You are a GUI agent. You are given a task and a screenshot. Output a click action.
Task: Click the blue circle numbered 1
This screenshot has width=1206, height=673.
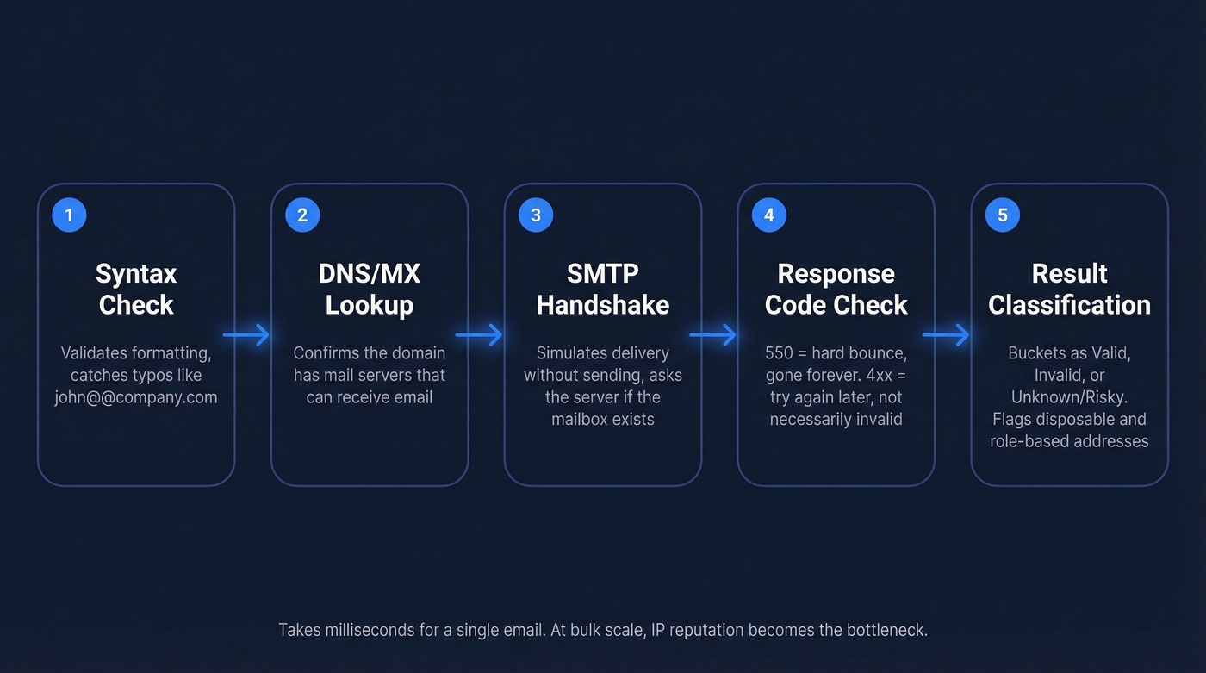(x=69, y=215)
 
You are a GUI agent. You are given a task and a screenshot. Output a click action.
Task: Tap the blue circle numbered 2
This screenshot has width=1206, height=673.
(x=302, y=215)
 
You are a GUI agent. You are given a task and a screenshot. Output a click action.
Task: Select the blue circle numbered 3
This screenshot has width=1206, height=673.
(x=536, y=215)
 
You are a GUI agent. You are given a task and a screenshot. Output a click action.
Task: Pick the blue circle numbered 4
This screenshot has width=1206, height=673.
(x=769, y=215)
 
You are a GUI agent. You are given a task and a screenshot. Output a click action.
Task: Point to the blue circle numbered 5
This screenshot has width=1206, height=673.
(x=1003, y=215)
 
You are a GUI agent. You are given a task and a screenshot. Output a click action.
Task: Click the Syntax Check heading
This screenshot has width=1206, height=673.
(x=136, y=290)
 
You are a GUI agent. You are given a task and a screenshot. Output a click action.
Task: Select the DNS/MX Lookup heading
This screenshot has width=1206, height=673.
(x=370, y=290)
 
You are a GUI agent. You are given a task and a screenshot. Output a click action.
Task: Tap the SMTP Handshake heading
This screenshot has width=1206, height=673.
(x=603, y=290)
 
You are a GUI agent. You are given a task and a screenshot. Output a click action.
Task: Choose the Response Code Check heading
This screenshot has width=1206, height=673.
(x=836, y=290)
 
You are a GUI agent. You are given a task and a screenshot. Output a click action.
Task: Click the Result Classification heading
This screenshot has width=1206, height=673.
(x=1069, y=290)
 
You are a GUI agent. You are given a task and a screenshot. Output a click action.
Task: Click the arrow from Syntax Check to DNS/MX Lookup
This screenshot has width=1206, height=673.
(x=246, y=334)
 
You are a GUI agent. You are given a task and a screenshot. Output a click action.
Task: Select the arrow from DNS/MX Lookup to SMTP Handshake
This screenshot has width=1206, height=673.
(x=479, y=334)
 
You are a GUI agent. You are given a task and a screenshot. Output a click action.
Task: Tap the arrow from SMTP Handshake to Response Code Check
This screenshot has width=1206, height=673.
(x=713, y=334)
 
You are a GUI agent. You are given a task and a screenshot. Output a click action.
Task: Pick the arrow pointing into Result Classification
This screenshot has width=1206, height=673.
(x=946, y=334)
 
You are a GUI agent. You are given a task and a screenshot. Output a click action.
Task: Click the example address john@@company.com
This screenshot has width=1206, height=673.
(x=136, y=397)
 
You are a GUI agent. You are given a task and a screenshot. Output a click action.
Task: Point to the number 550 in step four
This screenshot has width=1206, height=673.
(x=779, y=353)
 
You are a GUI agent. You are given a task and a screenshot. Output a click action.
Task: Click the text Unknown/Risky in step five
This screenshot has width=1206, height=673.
(x=1069, y=397)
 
